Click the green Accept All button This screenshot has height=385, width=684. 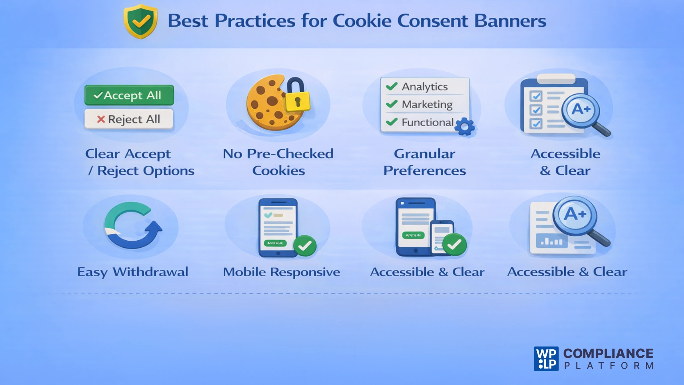pyautogui.click(x=129, y=95)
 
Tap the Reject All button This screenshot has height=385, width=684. pyautogui.click(x=129, y=119)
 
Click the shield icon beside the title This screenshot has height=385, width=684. pyautogui.click(x=140, y=21)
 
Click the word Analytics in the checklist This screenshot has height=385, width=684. pyautogui.click(x=425, y=87)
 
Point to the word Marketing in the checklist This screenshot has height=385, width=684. pyautogui.click(x=427, y=104)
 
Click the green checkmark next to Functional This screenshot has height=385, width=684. pyautogui.click(x=392, y=122)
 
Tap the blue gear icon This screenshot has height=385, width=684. pyautogui.click(x=465, y=127)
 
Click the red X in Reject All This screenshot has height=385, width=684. pyautogui.click(x=101, y=119)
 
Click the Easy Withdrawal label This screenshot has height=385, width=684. pyautogui.click(x=133, y=272)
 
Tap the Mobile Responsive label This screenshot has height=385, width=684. pyautogui.click(x=281, y=272)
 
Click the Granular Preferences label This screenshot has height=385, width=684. pyautogui.click(x=424, y=162)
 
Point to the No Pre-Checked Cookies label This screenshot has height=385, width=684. pyautogui.click(x=278, y=162)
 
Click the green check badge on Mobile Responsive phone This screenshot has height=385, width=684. pyautogui.click(x=305, y=245)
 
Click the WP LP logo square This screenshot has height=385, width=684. pyautogui.click(x=546, y=359)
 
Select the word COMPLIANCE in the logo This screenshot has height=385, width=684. pyautogui.click(x=608, y=353)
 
